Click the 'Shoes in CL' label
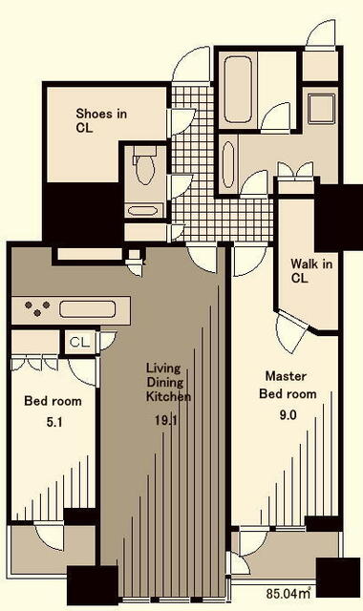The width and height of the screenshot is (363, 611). pyautogui.click(x=101, y=121)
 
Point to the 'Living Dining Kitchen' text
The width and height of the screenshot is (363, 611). pyautogui.click(x=168, y=382)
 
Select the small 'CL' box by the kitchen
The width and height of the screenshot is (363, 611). pyautogui.click(x=78, y=340)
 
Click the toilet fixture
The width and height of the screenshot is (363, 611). pyautogui.click(x=145, y=168)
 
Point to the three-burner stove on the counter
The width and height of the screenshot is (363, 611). pyautogui.click(x=38, y=308)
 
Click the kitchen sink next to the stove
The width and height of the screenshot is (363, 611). pyautogui.click(x=88, y=308)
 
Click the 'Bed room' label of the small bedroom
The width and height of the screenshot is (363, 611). pyautogui.click(x=53, y=401)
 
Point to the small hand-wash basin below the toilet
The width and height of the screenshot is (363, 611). pyautogui.click(x=142, y=211)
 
